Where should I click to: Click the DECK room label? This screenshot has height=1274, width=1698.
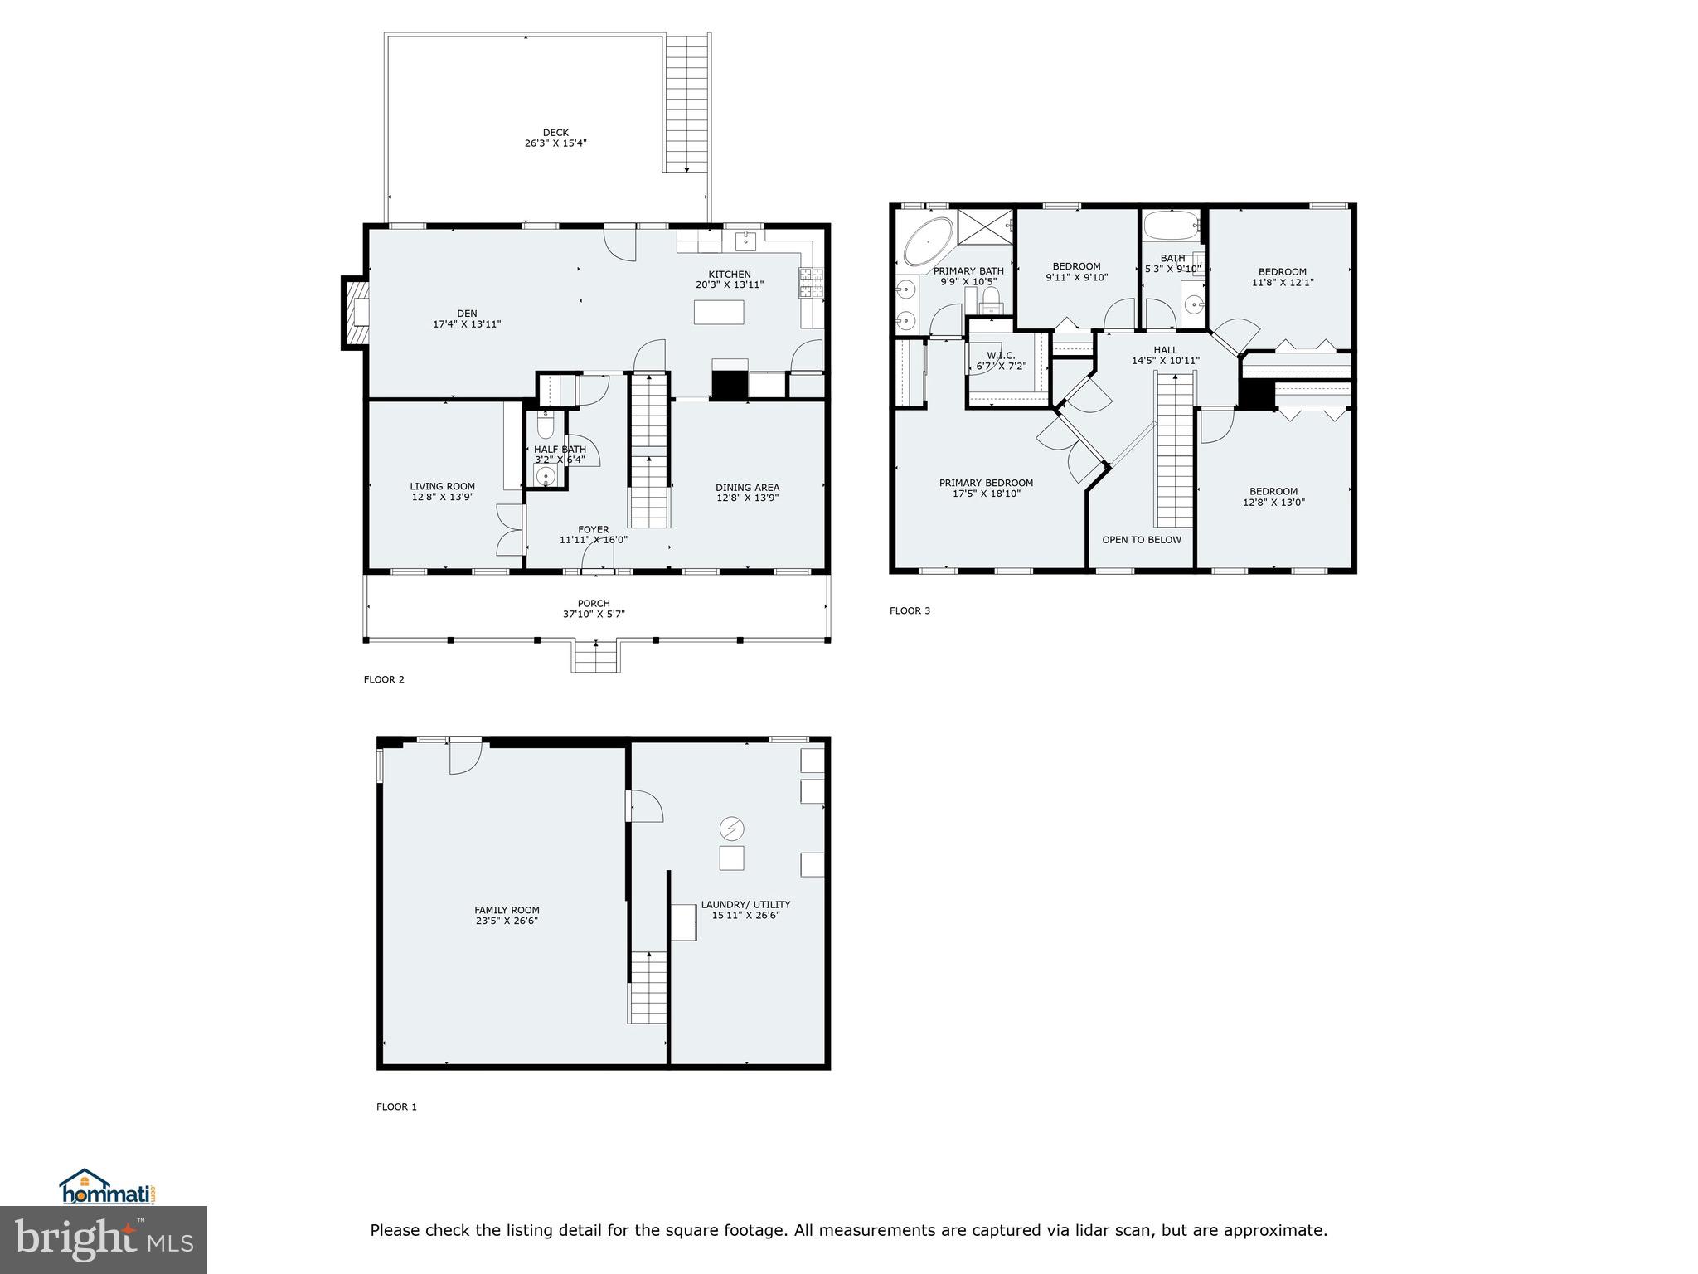coord(555,133)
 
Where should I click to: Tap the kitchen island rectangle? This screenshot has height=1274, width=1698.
coord(719,312)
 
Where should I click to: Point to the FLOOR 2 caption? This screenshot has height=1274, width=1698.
coord(384,679)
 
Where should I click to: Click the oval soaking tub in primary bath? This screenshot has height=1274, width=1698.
coord(928,241)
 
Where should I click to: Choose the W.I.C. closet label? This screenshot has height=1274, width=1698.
coord(1001,356)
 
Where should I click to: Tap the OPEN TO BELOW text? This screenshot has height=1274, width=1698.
coord(1141,540)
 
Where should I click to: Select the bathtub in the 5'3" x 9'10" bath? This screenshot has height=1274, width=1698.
coord(1171,225)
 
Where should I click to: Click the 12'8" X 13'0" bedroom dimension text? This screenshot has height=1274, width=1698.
coord(1273,502)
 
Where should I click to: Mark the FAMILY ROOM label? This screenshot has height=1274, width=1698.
coord(507,910)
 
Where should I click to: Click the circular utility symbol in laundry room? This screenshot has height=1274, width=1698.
coord(731,828)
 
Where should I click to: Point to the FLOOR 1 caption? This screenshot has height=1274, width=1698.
coord(396,1106)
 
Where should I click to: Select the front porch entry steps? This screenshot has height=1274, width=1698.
coord(595,659)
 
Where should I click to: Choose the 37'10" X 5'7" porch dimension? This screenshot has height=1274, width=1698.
coord(594,615)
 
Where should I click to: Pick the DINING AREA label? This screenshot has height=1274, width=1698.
coord(747,488)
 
